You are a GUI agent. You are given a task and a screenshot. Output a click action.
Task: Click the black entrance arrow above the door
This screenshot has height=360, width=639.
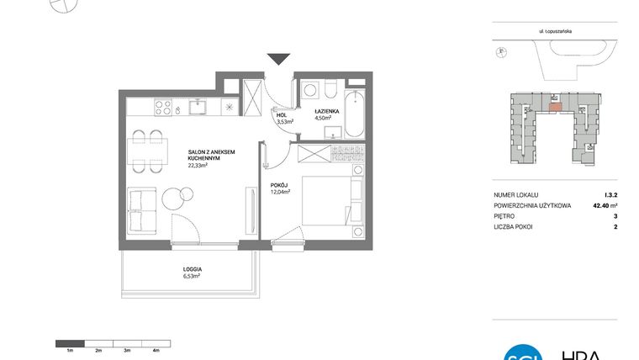pyautogui.click(x=278, y=59)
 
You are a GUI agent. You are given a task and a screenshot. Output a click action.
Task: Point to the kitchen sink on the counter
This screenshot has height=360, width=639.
pyautogui.click(x=199, y=107)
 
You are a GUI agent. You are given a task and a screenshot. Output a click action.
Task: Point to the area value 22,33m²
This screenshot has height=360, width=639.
pyautogui.click(x=199, y=166)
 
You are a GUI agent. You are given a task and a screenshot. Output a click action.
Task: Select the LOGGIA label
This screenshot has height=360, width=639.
pyautogui.click(x=193, y=269)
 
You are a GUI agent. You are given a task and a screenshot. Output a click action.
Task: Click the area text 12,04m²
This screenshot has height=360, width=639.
pyautogui.click(x=280, y=192)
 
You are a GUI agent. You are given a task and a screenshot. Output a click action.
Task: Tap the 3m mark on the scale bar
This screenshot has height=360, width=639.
pyautogui.click(x=126, y=349)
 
